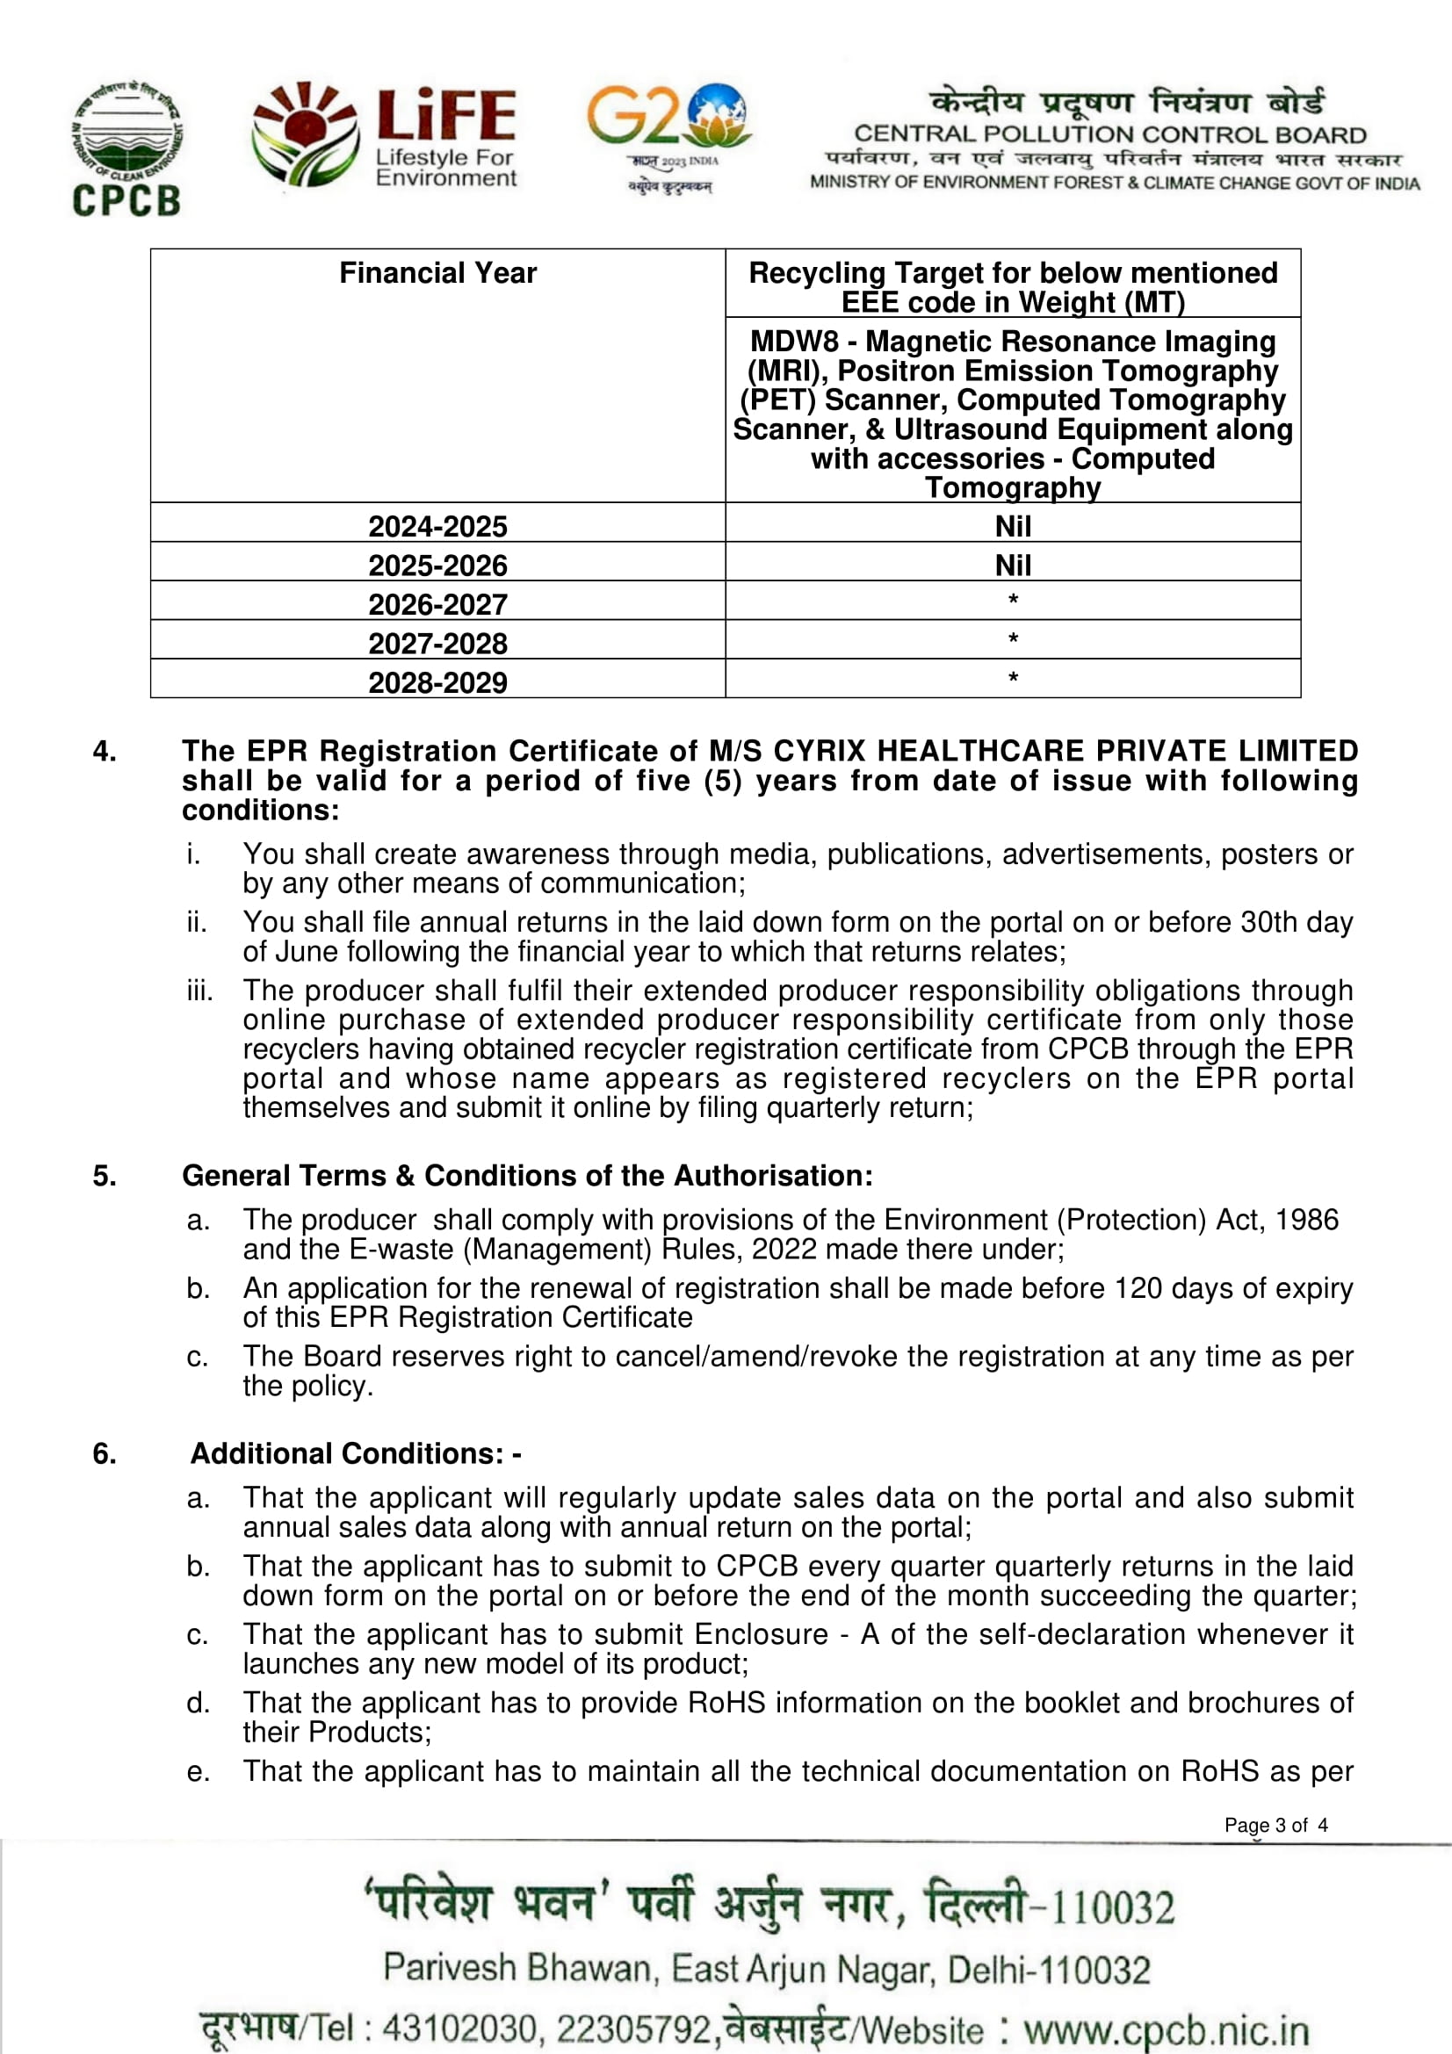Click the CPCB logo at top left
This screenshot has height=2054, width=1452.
[127, 148]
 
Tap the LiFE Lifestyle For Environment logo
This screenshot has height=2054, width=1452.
[385, 136]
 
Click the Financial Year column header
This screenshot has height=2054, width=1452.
[437, 273]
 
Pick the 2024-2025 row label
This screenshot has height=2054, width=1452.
[437, 526]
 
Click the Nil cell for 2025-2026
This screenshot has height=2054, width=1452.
[1013, 566]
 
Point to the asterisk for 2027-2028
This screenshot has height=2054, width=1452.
[1013, 638]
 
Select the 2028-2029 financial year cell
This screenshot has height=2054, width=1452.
[437, 682]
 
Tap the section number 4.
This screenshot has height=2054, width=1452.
[105, 752]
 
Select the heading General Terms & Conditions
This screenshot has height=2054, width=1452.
[527, 1176]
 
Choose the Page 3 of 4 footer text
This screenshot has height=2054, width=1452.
[1275, 1825]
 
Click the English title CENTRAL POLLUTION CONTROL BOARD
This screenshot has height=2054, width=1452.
[1109, 135]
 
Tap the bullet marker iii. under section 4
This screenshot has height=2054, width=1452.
[199, 991]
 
